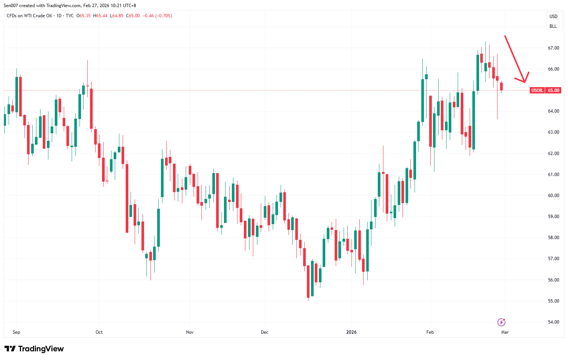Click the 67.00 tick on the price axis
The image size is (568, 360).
[553, 48]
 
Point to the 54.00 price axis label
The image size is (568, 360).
[553, 322]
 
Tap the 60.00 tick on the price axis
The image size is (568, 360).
[553, 196]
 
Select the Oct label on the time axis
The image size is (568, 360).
[99, 332]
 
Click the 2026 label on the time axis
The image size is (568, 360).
[351, 332]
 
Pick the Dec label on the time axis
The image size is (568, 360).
[264, 332]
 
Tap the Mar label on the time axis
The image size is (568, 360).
[505, 332]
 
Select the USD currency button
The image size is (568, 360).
[553, 17]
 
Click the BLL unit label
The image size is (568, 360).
[553, 26]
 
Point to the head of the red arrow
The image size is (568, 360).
[524, 82]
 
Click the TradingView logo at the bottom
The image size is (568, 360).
[34, 349]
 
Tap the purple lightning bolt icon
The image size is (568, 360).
[501, 322]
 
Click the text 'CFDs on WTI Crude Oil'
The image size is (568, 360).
[29, 16]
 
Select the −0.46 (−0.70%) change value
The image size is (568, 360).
[157, 16]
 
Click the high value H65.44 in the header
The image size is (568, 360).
[100, 16]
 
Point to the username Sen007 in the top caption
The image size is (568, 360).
[11, 6]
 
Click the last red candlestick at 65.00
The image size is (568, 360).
[501, 86]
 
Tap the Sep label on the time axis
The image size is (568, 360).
[16, 332]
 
